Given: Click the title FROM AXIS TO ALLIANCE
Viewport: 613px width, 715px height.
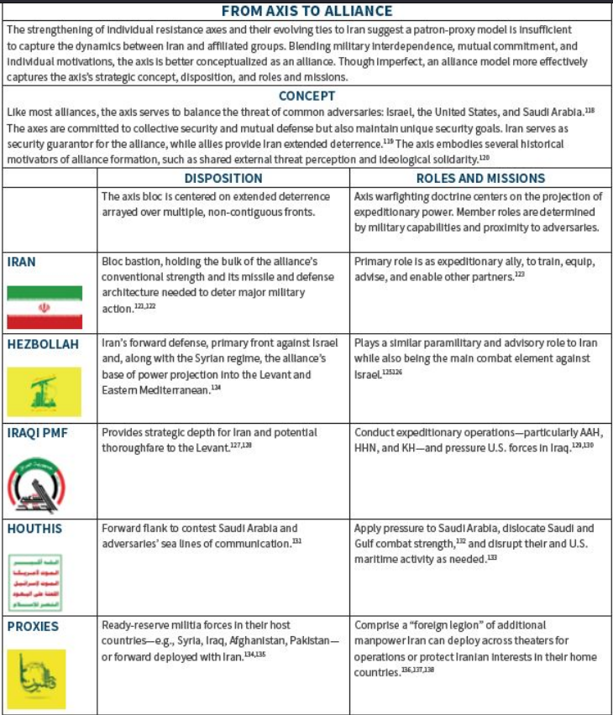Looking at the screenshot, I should click(x=306, y=12).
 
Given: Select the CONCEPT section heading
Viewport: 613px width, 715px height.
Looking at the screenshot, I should click(x=306, y=97).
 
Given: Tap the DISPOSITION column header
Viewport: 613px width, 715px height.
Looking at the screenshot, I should click(x=223, y=178).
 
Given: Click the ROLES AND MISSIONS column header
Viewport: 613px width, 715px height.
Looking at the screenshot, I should click(x=481, y=178).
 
